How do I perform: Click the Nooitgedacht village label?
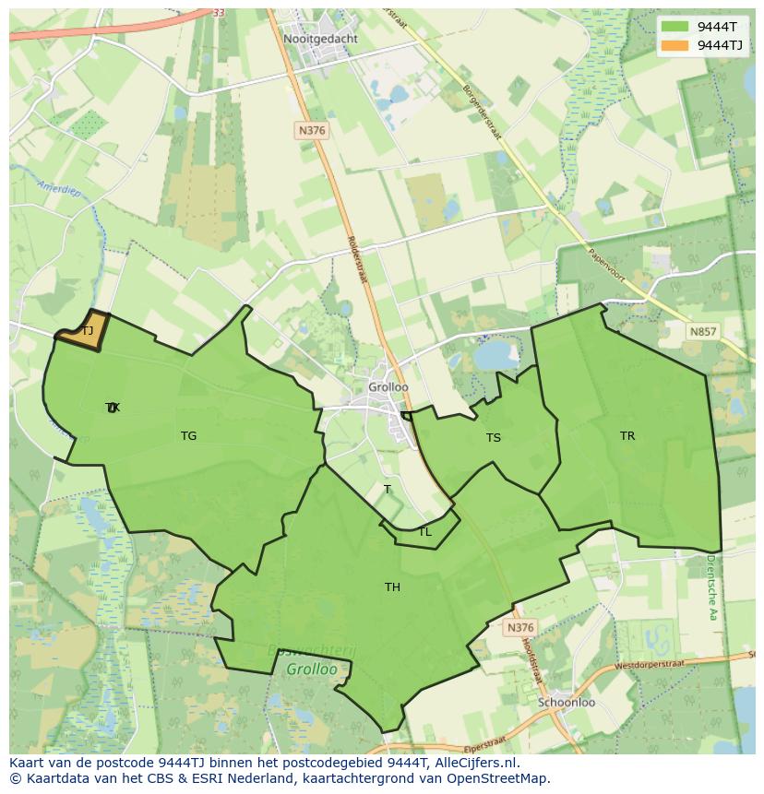tap(320, 40)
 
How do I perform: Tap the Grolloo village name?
tap(388, 387)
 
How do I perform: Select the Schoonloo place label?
tap(567, 702)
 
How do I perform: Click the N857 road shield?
tap(703, 331)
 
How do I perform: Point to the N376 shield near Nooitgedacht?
tap(312, 131)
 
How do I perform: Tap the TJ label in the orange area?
tap(88, 330)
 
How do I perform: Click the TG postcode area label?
tap(188, 436)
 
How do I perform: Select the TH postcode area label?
tap(392, 587)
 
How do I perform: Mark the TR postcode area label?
tap(627, 436)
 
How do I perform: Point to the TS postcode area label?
tap(494, 437)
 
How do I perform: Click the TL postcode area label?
tap(424, 532)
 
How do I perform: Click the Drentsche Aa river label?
tap(711, 587)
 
